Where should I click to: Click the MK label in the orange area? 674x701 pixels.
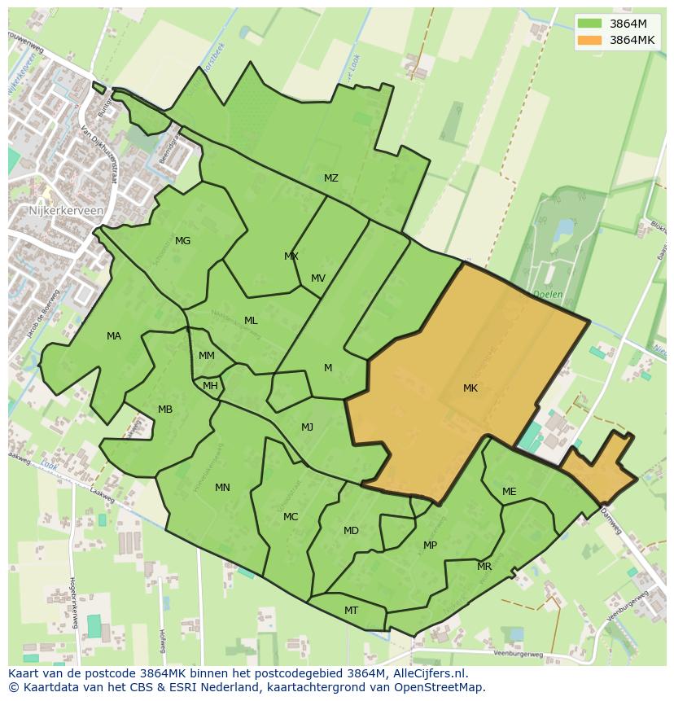coord(470,388)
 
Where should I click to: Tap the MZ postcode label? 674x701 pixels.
coord(330,178)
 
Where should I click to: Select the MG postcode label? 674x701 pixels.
coord(182,241)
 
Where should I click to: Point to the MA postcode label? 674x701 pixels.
coord(114,336)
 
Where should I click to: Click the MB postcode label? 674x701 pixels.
coord(165,410)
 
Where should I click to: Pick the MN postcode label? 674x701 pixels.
coord(222,488)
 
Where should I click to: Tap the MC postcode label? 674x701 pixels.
coord(291,517)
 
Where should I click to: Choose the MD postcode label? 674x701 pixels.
coord(351,531)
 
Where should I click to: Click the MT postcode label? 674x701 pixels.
coord(351,611)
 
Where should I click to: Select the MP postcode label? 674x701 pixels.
coord(430,545)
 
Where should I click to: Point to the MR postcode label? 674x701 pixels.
coord(484,567)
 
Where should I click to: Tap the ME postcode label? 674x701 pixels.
coord(509,492)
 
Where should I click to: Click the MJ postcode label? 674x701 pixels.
coord(307,427)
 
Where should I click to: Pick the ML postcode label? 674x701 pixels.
coord(251,321)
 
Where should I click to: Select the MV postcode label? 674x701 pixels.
coord(318,278)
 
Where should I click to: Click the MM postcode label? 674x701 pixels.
coord(207,356)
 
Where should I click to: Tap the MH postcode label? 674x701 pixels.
coord(210,386)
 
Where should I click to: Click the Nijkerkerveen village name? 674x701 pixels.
coord(65,209)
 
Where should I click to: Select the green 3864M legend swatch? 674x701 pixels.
coord(589,24)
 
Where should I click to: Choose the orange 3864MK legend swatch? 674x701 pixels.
coord(589,40)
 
